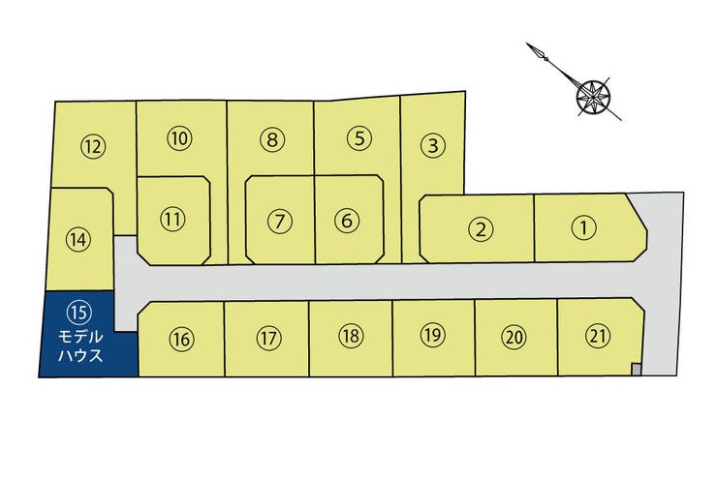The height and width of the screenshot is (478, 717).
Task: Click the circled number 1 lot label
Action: [x=583, y=228]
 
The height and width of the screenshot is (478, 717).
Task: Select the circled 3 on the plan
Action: [x=433, y=147]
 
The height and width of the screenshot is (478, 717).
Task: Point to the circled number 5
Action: [x=358, y=137]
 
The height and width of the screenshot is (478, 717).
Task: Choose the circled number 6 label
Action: [x=346, y=220]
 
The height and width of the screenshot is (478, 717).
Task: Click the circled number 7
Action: [x=279, y=221]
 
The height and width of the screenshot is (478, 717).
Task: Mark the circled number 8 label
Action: [x=273, y=139]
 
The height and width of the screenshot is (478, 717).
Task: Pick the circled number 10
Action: [x=179, y=138]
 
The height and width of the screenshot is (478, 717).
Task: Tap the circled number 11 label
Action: [x=172, y=219]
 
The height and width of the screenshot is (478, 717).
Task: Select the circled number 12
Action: [x=93, y=147]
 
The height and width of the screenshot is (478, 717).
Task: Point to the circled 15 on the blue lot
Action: [x=78, y=311]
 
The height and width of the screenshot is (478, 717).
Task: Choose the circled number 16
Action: [x=181, y=339]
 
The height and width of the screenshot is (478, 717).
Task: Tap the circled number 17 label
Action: [x=268, y=339]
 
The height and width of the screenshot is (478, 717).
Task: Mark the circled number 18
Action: [x=351, y=336]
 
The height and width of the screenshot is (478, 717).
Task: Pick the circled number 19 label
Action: [x=432, y=336]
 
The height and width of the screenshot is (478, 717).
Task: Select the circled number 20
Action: [x=514, y=338]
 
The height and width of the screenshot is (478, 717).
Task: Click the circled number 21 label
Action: [x=598, y=336]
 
